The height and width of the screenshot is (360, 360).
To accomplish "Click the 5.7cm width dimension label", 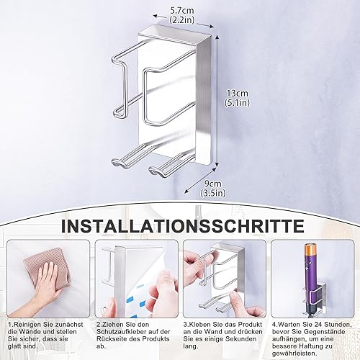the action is [182, 11].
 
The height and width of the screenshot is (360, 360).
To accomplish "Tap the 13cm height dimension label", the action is [237, 93].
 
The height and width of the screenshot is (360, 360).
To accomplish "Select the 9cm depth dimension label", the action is [212, 184].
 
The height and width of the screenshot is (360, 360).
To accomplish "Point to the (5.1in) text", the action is [237, 103].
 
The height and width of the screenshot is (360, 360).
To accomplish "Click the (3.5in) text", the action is [213, 193].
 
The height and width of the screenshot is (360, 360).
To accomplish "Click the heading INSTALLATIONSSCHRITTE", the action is [183, 225].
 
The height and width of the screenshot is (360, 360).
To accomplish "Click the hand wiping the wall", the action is [45, 286].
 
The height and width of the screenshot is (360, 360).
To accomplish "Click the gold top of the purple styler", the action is [312, 253].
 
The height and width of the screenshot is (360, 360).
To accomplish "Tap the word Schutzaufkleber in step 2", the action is [122, 332].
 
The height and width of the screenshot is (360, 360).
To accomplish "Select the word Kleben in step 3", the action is [200, 325].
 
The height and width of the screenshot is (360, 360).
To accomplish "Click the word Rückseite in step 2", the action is [111, 339].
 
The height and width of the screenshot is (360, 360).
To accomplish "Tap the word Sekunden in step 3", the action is [243, 339].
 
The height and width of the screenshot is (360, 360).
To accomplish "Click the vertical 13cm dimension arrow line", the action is [217, 100].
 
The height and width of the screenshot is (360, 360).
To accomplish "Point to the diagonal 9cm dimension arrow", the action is [200, 180].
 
